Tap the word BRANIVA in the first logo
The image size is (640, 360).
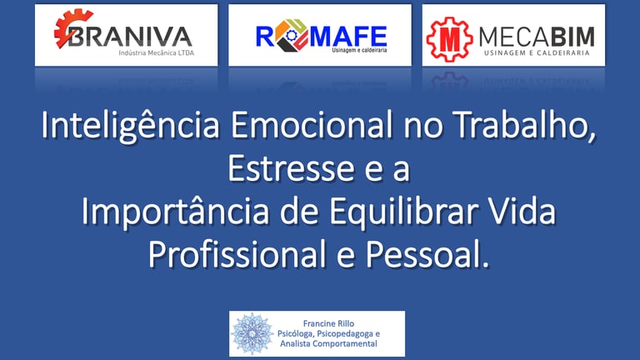130,37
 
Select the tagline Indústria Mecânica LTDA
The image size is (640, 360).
157,53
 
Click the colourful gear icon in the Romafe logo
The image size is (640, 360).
292,35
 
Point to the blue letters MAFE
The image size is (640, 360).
348,37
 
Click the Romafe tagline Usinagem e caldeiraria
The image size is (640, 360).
359,50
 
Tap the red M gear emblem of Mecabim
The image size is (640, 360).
449,39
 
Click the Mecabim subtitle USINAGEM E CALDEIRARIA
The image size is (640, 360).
537,53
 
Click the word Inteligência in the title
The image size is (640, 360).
131,126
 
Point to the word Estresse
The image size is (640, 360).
291,168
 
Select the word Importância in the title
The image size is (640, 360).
176,212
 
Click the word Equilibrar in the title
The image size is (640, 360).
404,212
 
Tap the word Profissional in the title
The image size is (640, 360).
237,255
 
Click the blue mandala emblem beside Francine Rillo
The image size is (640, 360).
252,334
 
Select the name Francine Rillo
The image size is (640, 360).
328,323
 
